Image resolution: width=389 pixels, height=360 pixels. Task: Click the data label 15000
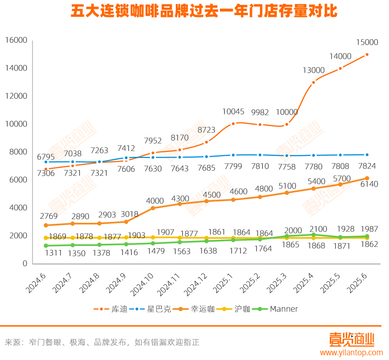coord(367,43)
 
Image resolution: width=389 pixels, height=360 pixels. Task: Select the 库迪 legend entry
coord(111,309)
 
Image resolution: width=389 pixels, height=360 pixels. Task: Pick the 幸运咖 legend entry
coord(196,309)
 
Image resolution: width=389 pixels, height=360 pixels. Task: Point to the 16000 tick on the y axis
coord(16,41)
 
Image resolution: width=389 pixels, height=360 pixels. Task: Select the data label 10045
coord(233,111)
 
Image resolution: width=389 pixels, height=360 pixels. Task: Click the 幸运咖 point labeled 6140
coord(367,178)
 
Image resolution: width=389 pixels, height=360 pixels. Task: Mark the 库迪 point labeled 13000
coord(313,82)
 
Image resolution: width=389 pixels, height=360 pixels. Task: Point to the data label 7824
coord(367,166)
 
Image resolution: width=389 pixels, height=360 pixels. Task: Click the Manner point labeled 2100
coord(313,235)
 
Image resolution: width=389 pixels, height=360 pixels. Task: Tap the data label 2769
coord(46,216)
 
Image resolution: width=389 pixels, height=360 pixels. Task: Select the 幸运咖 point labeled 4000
coord(153,208)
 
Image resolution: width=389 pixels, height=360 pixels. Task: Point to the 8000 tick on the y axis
coord(19,152)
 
